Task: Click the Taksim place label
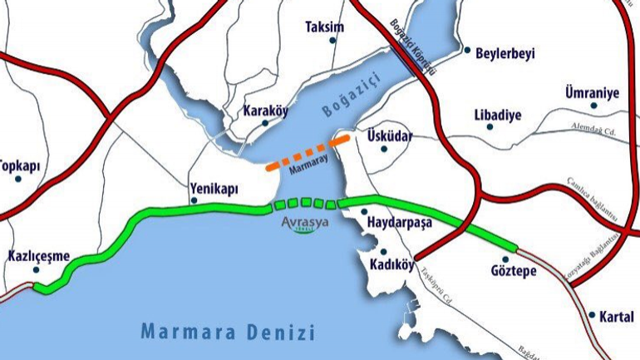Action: tap(324, 27)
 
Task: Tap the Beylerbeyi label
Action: tap(505, 54)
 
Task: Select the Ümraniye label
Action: tap(592, 92)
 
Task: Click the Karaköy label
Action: tap(265, 111)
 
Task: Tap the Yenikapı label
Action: tap(214, 189)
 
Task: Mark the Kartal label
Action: tap(615, 316)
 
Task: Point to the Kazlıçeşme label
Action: tap(38, 256)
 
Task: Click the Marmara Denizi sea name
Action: tap(228, 333)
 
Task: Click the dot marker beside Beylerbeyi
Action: tap(467, 50)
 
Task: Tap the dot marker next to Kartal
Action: tap(592, 315)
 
